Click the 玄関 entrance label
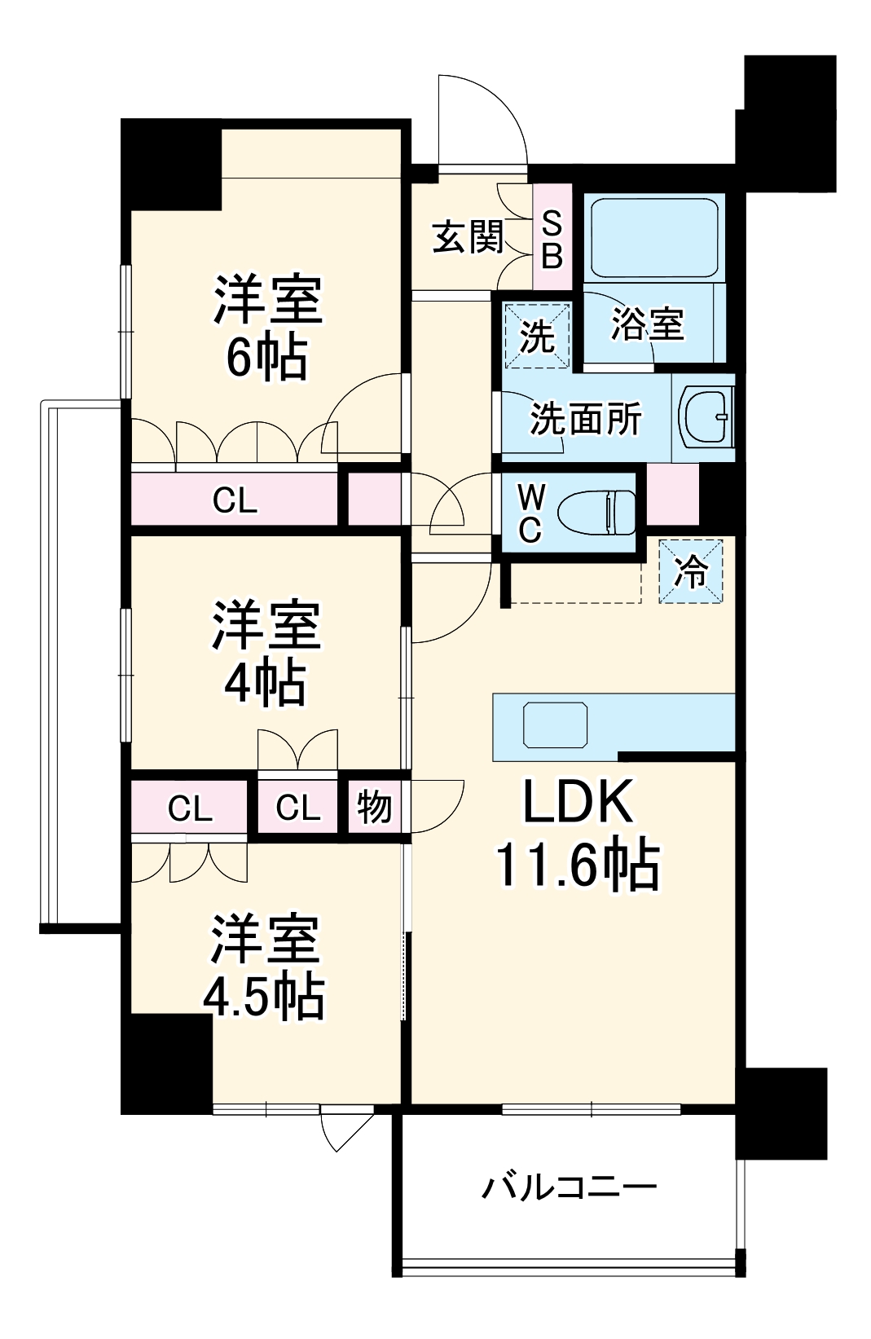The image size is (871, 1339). [468, 237]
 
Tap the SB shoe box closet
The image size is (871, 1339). [552, 239]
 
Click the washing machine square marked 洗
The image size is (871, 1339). [536, 335]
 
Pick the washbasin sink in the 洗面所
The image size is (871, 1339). [706, 416]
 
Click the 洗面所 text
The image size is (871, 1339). [585, 419]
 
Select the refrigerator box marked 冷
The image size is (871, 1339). [691, 571]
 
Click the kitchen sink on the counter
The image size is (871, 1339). [555, 725]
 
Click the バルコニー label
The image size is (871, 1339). [569, 1186]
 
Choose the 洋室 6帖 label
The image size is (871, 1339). [267, 328]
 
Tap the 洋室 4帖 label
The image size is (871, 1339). [266, 654]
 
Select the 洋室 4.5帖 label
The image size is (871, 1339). [264, 967]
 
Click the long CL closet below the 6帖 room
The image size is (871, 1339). [235, 500]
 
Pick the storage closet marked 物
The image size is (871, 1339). [374, 808]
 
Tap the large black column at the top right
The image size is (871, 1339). [788, 122]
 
